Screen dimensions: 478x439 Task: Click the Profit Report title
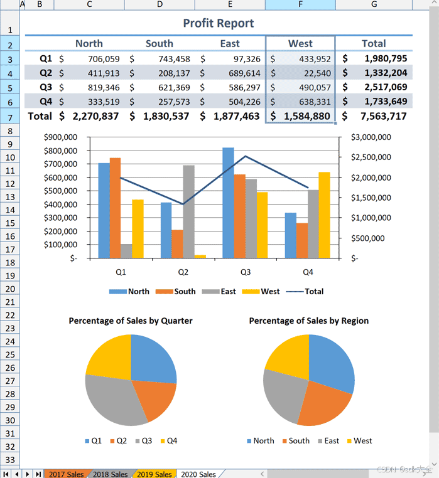pyautogui.click(x=219, y=23)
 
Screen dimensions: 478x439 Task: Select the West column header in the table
pyautogui.click(x=300, y=43)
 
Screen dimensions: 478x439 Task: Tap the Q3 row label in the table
pyautogui.click(x=46, y=87)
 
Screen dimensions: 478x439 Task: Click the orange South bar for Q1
pyautogui.click(x=115, y=207)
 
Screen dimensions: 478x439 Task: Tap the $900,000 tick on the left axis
pyautogui.click(x=60, y=137)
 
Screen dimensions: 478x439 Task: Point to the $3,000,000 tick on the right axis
pyautogui.click(x=371, y=137)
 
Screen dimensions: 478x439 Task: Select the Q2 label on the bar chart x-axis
pyautogui.click(x=183, y=273)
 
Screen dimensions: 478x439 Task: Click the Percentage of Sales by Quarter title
pyautogui.click(x=131, y=321)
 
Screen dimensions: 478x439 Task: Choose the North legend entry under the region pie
pyautogui.click(x=260, y=441)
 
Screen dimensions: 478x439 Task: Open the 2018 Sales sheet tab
pyautogui.click(x=110, y=474)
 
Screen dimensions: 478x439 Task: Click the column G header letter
pyautogui.click(x=374, y=5)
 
